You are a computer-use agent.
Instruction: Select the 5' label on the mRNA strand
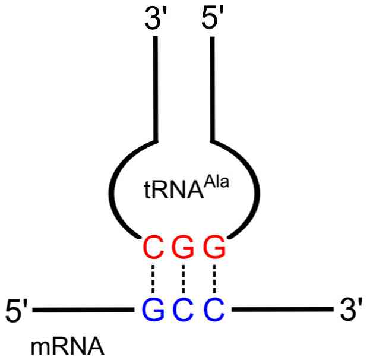(x=16, y=310)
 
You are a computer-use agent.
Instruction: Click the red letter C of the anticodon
(x=153, y=248)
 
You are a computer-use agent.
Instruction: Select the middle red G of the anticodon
(x=183, y=248)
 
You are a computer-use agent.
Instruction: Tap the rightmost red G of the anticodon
(x=214, y=248)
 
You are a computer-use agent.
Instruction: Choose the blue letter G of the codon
(x=153, y=310)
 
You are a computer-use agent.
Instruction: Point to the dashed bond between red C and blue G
(x=153, y=279)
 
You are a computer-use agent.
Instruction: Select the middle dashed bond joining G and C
(x=183, y=279)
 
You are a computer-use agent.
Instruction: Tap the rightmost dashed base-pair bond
(x=214, y=279)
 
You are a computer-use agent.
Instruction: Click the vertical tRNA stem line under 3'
(x=156, y=89)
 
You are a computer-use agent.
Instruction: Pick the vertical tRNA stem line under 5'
(x=212, y=89)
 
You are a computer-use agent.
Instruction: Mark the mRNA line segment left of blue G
(x=83, y=310)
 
